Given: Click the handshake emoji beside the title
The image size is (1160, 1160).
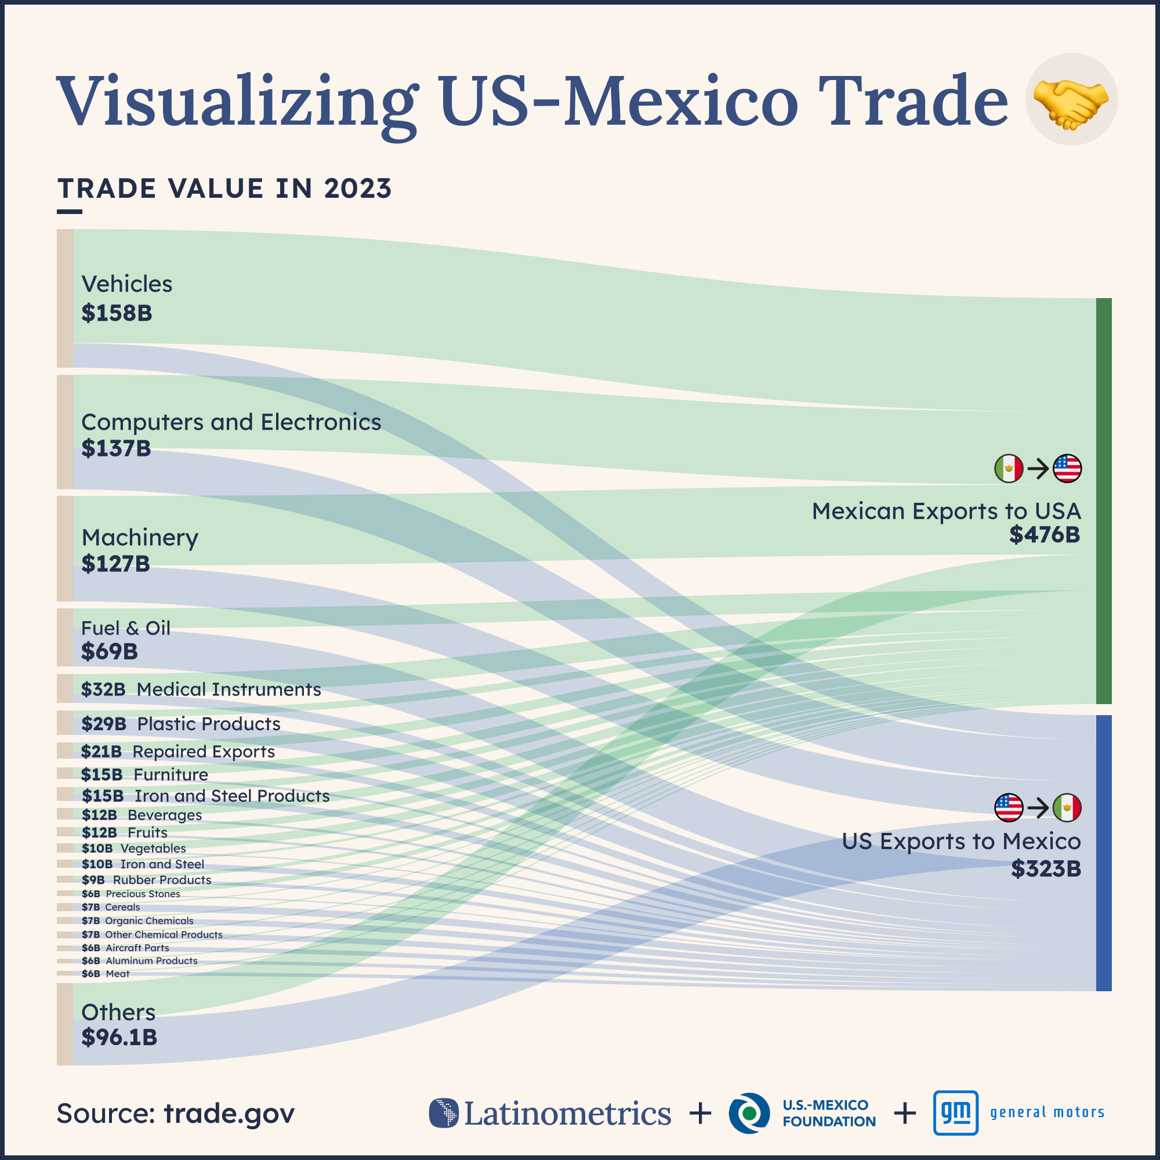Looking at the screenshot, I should [1071, 100].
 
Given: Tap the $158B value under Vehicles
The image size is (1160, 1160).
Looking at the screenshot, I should [117, 313].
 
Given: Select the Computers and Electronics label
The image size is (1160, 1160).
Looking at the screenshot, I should [231, 422].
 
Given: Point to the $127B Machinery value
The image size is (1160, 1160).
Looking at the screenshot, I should [115, 564].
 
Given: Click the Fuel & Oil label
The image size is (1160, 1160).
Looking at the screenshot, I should [125, 628].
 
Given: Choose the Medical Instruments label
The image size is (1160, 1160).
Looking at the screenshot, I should [229, 689].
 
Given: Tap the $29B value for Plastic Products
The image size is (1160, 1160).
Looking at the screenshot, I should [103, 724].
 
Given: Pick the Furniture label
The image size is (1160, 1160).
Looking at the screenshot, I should [171, 774].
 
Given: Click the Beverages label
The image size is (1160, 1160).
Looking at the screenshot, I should [165, 815].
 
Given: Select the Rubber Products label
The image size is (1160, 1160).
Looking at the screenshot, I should [162, 880].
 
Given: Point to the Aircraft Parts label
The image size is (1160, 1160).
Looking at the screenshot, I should [137, 948].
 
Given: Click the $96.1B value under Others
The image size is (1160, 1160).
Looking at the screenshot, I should [119, 1037].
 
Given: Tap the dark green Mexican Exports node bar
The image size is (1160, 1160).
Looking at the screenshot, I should [1104, 501].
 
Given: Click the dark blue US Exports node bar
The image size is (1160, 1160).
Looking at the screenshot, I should [1104, 853].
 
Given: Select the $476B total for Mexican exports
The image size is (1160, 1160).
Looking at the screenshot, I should [1044, 534].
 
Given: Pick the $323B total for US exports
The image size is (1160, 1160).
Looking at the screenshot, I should [1045, 869].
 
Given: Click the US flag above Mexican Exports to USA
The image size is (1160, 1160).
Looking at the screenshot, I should [1067, 468].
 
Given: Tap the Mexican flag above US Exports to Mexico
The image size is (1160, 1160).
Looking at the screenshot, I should [1067, 807].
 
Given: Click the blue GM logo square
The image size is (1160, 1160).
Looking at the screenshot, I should [955, 1112].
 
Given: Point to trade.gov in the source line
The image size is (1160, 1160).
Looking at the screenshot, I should [229, 1113].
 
